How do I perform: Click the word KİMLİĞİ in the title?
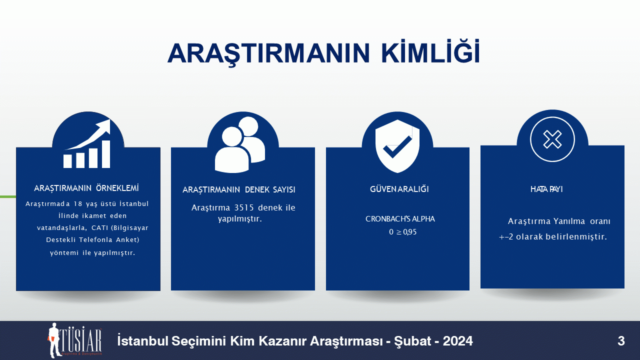point(430,51)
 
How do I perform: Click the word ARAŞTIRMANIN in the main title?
point(268,53)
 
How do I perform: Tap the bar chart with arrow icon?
point(87,143)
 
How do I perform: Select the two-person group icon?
point(240,144)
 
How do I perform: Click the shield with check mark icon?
point(397,146)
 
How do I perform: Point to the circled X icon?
point(552,139)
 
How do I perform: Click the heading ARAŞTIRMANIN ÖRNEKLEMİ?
point(86,188)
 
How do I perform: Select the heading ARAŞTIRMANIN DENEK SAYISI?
point(239,189)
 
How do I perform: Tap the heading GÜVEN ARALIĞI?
point(399,189)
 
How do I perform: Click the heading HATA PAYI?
point(546,189)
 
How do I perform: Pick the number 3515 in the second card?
point(244,207)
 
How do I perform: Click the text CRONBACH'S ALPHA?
point(400,219)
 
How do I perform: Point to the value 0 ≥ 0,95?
point(403,232)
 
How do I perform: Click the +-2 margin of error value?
point(505,237)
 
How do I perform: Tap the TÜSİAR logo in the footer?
point(74,340)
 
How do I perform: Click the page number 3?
point(621,341)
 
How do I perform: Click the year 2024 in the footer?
point(457,341)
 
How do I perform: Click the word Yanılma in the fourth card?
point(569,221)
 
